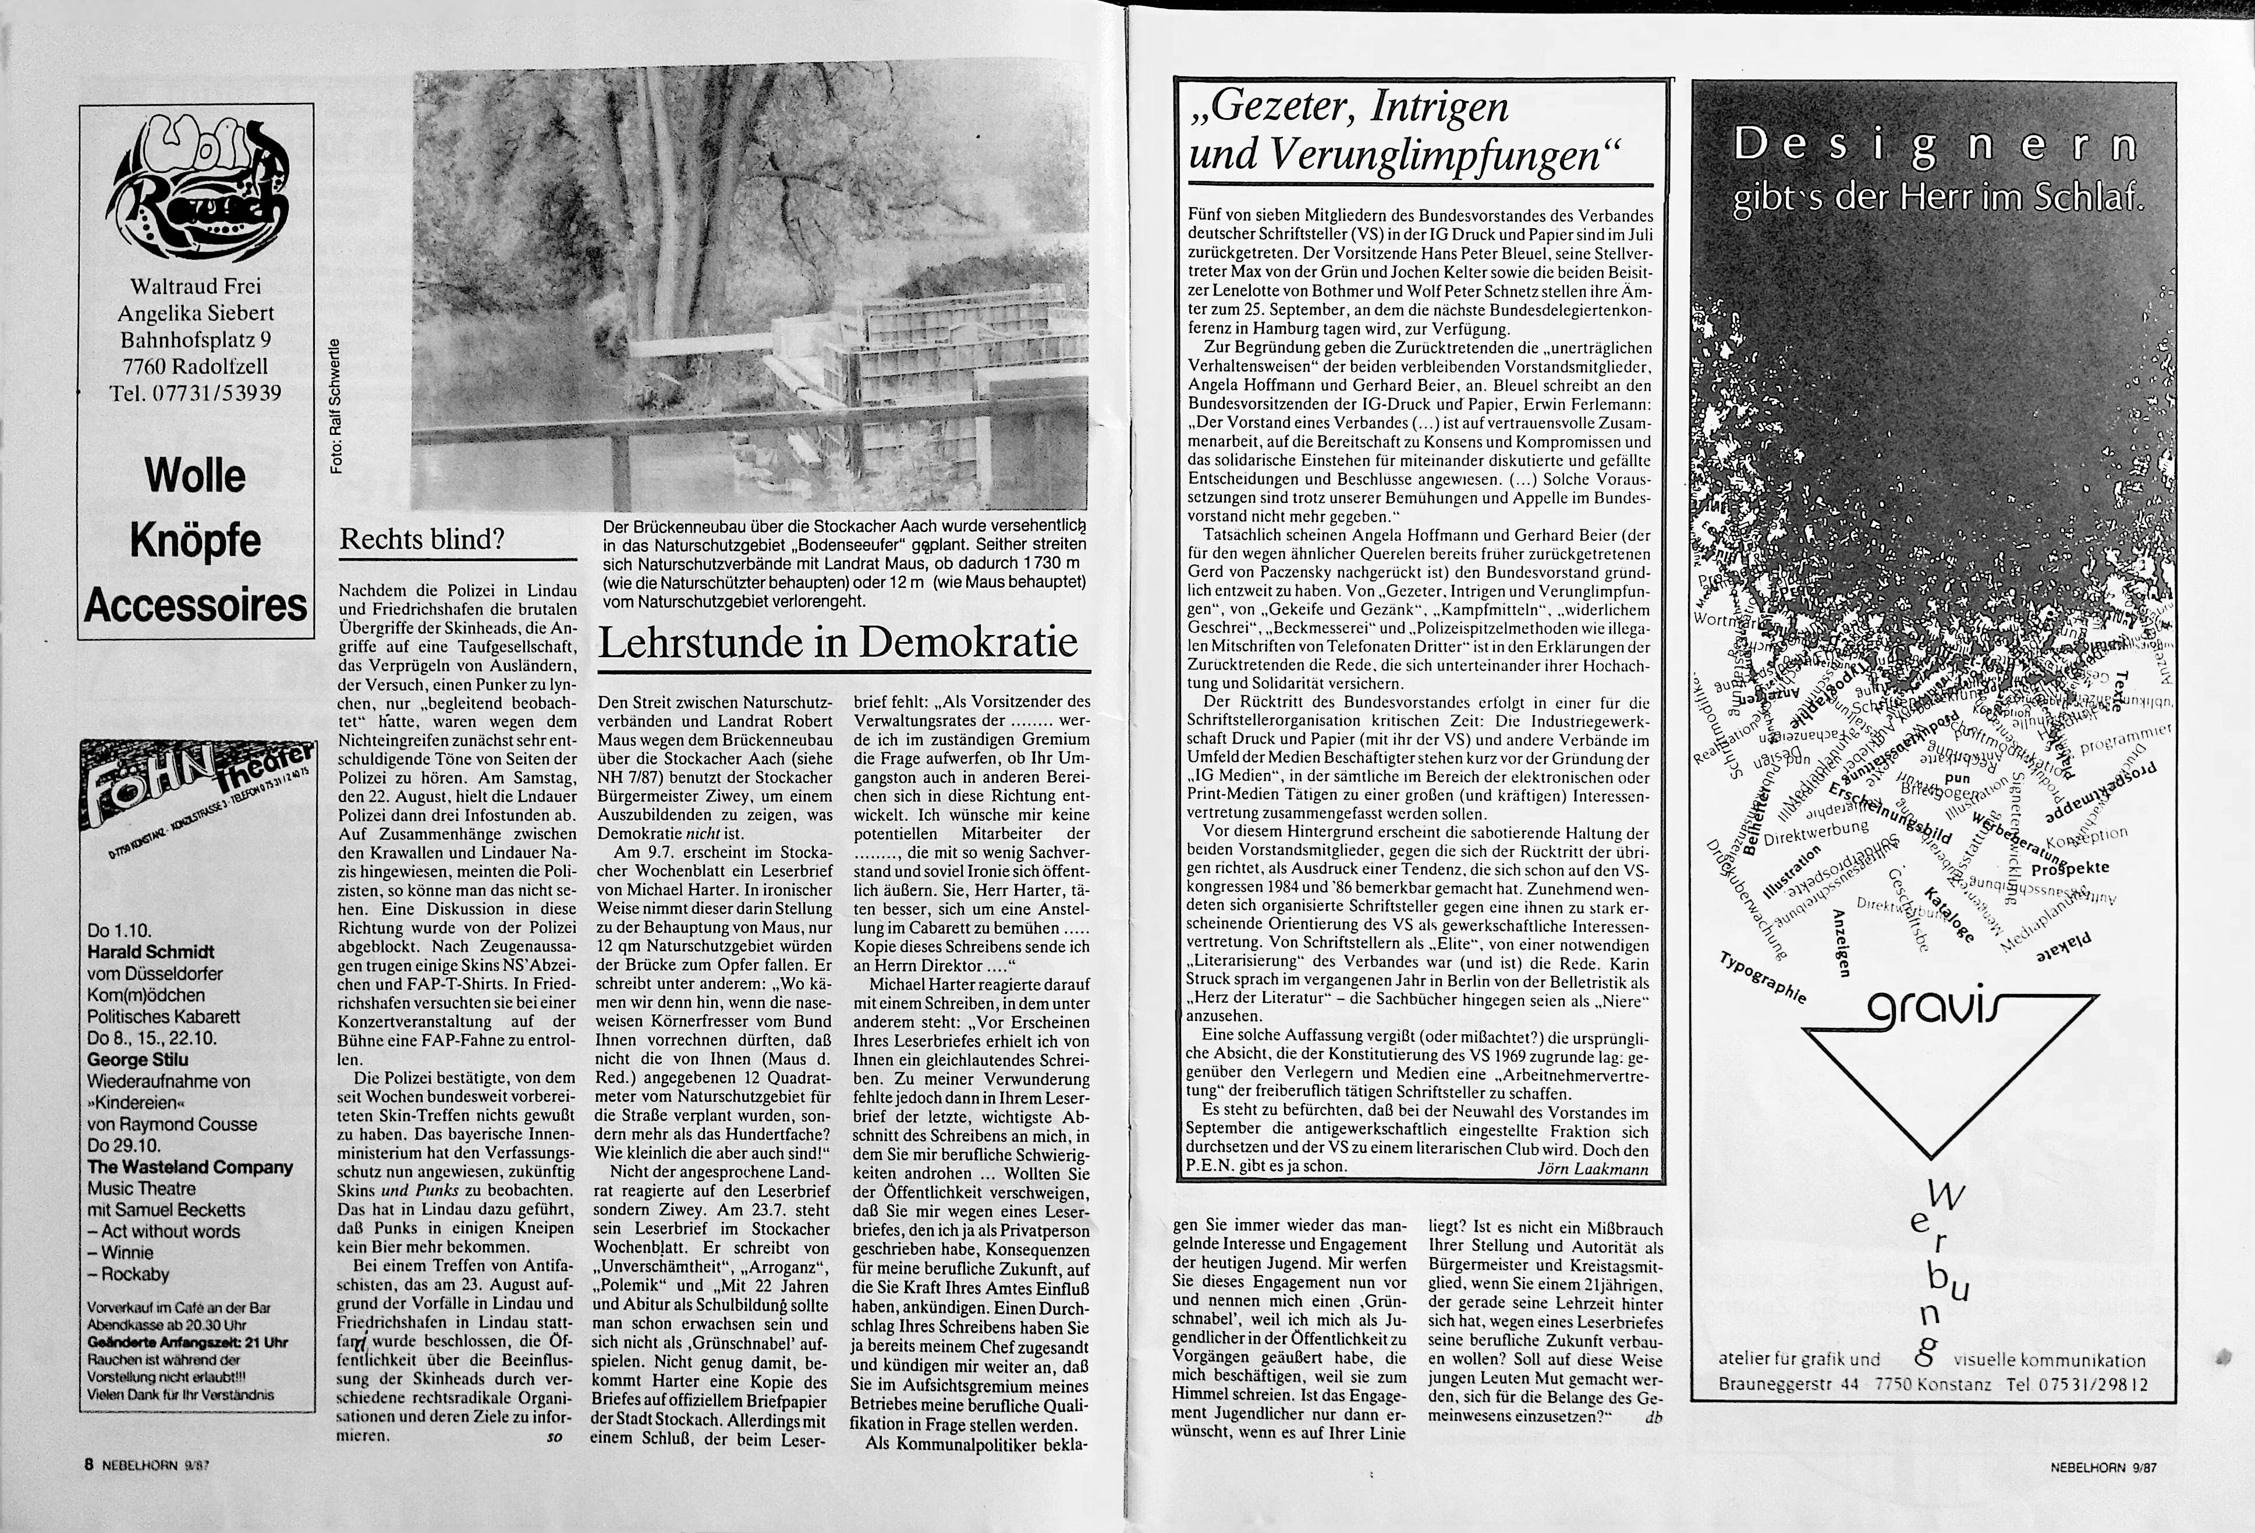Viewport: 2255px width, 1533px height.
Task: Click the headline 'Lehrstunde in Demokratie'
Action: [838, 643]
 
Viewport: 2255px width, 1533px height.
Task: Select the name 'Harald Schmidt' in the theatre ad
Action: [150, 952]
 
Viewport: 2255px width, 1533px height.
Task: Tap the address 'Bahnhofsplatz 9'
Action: [195, 339]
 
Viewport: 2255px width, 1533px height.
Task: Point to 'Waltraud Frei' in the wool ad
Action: [195, 286]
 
